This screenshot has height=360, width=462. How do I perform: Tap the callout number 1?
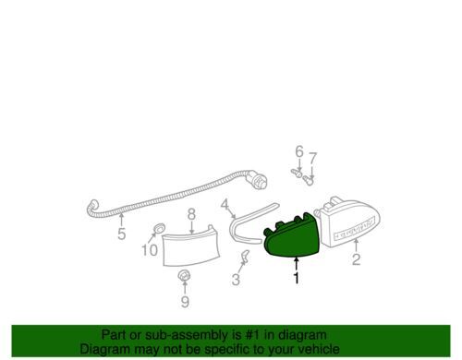pyautogui.click(x=297, y=278)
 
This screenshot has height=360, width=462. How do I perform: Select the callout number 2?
pyautogui.click(x=356, y=259)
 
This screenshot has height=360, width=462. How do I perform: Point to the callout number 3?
pyautogui.click(x=236, y=280)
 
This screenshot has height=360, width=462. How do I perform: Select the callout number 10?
pyautogui.click(x=150, y=250)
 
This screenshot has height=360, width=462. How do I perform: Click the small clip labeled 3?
pyautogui.click(x=246, y=256)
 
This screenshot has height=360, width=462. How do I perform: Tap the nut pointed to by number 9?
pyautogui.click(x=184, y=275)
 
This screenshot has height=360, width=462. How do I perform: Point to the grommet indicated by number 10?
pyautogui.click(x=159, y=229)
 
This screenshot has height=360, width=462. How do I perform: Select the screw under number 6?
pyautogui.click(x=297, y=173)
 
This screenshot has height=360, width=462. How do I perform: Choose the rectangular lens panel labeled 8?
pyautogui.click(x=191, y=246)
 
